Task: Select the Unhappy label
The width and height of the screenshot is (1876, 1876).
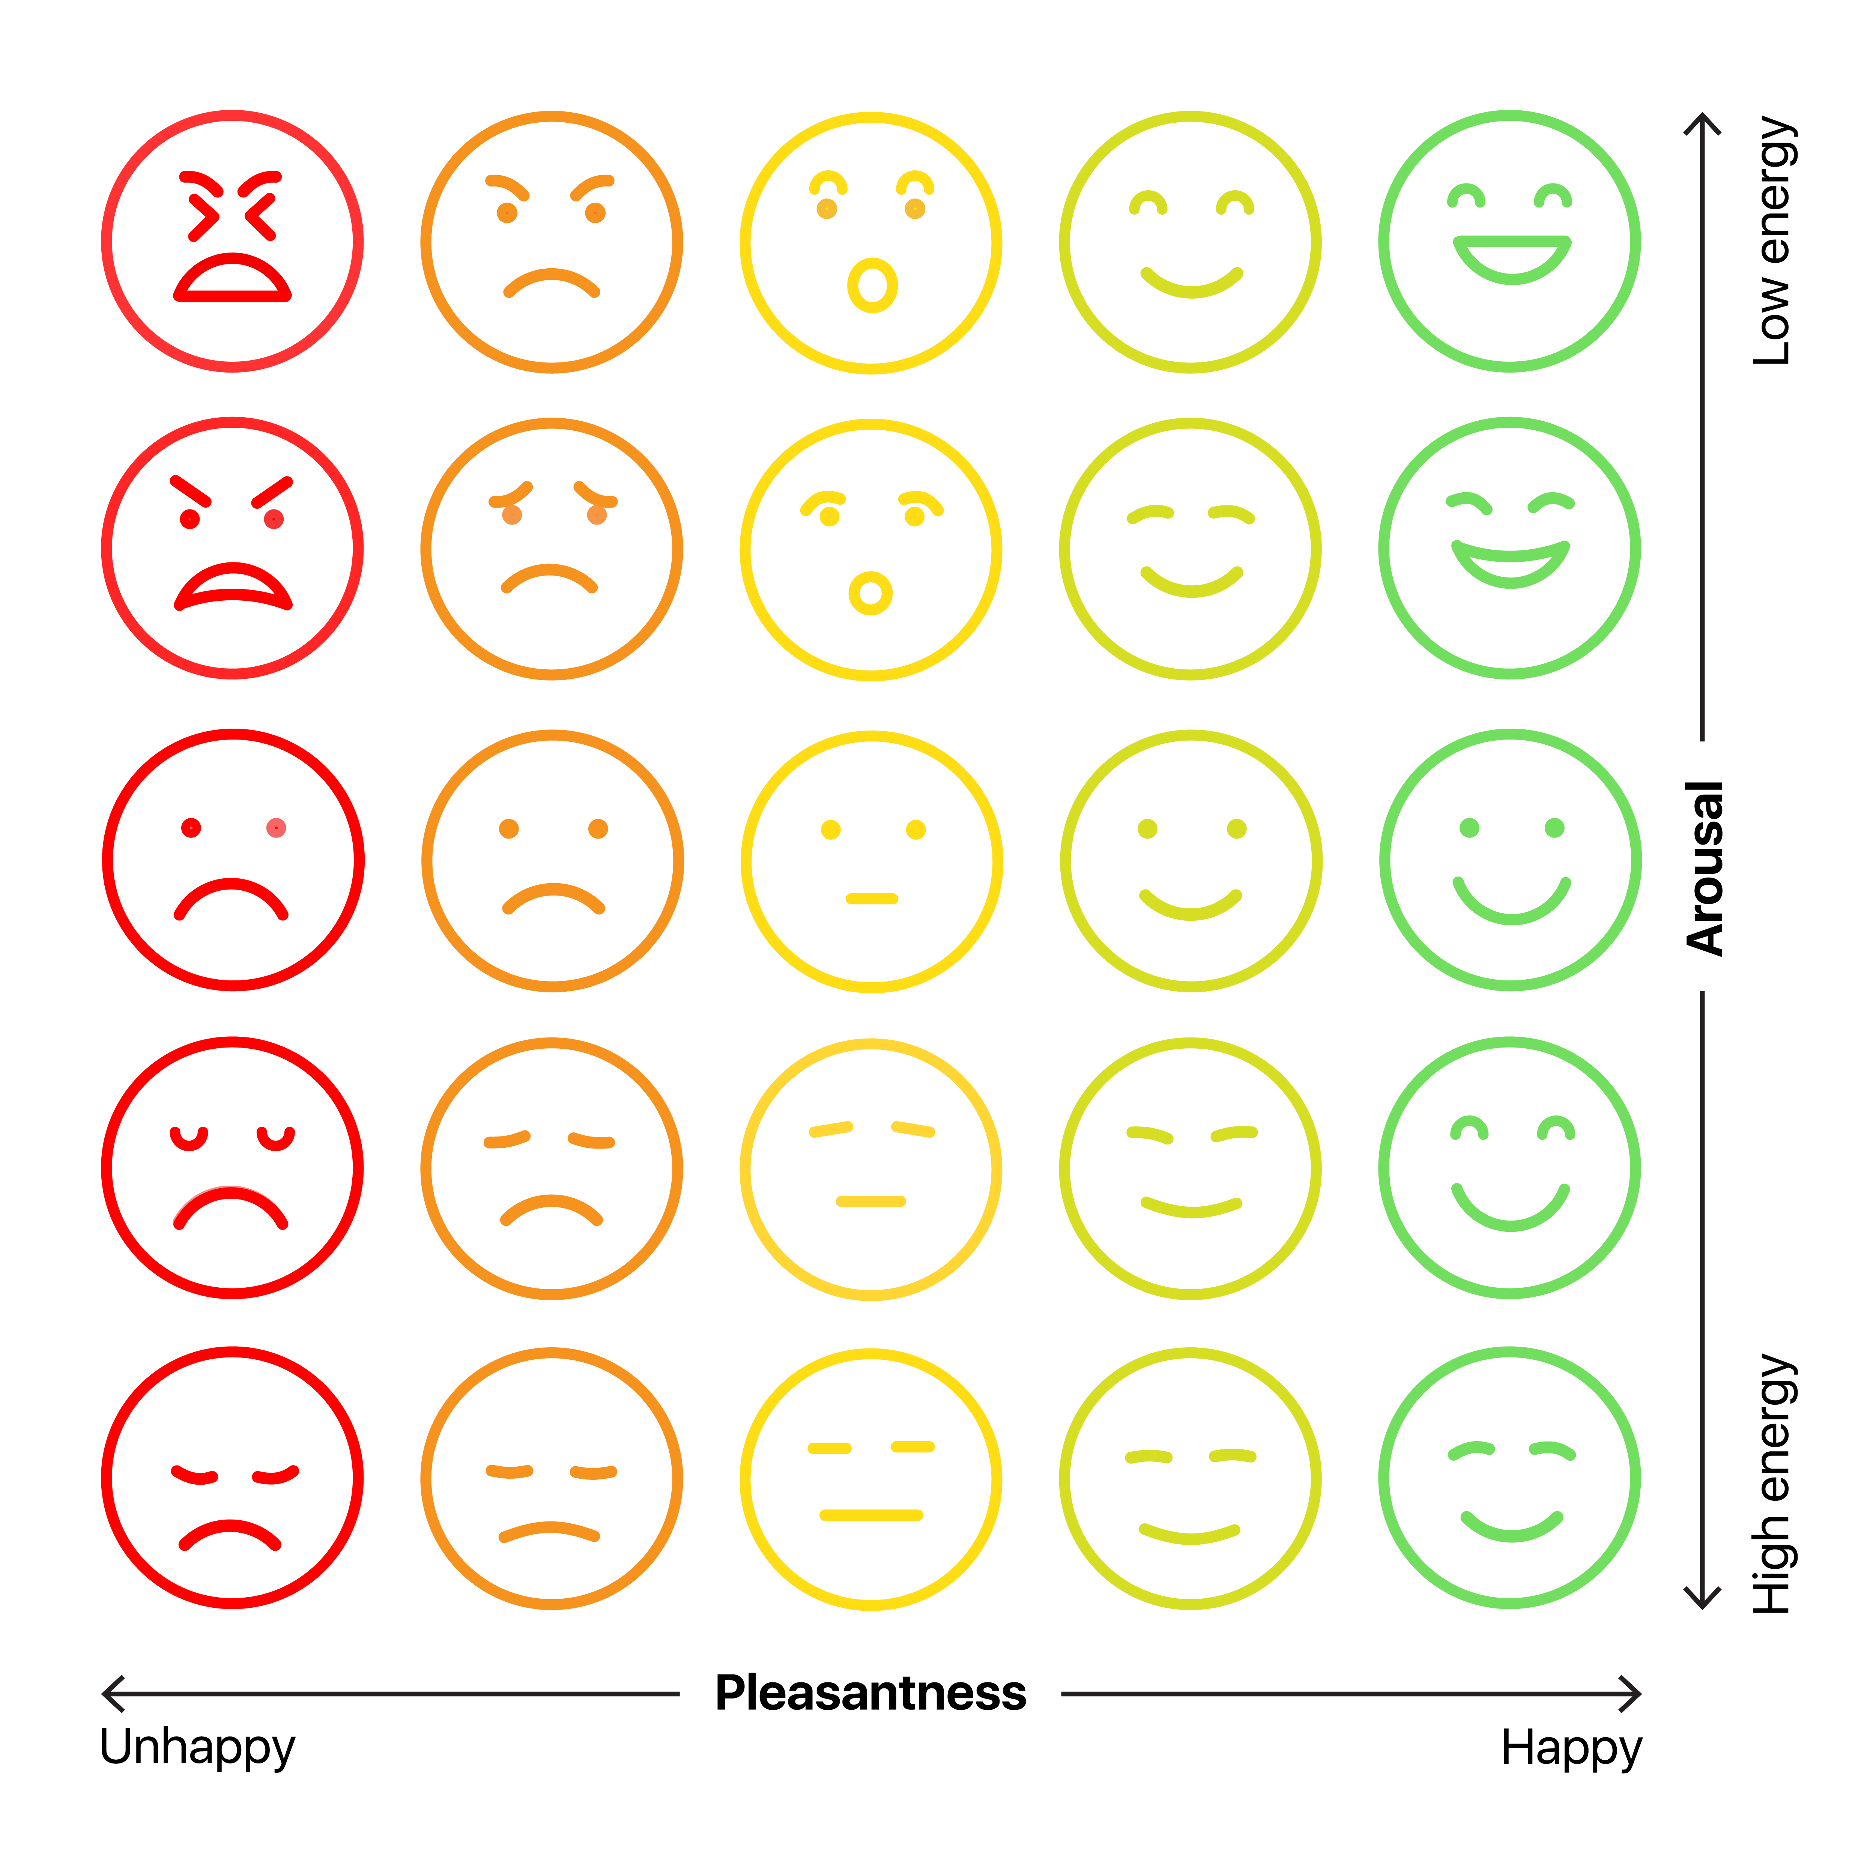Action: point(197,1748)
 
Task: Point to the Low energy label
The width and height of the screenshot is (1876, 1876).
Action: point(1773,241)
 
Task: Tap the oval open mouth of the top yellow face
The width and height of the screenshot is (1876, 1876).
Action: point(872,286)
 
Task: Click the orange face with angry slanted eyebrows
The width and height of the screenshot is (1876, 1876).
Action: point(552,241)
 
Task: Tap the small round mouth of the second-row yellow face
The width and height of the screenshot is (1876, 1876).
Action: point(871,593)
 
